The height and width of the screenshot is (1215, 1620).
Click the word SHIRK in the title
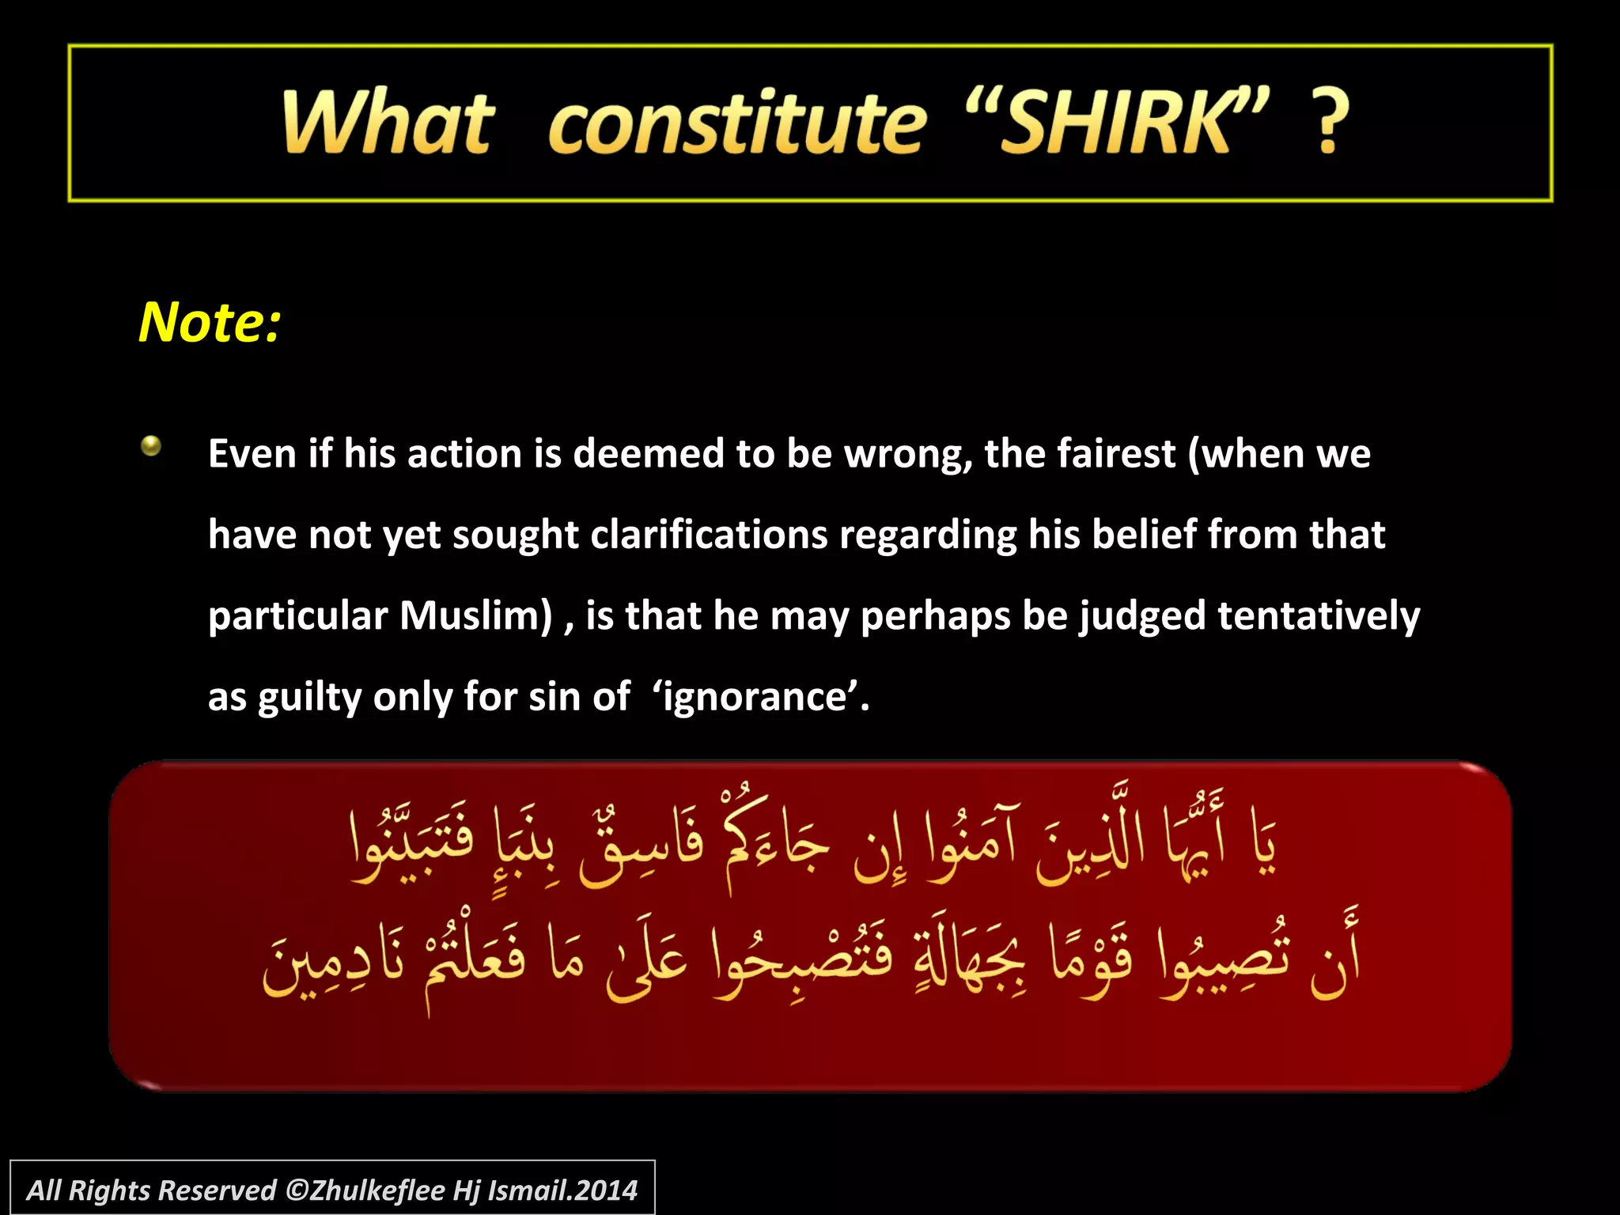(x=1115, y=123)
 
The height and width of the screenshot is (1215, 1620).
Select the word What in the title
(x=388, y=123)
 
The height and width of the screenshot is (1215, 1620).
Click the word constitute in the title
(x=736, y=123)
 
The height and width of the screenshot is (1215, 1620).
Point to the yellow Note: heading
(x=210, y=323)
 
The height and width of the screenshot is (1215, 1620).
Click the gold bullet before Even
(x=151, y=446)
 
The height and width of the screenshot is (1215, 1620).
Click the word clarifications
(x=709, y=536)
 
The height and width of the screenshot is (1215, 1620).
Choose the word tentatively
(x=1319, y=616)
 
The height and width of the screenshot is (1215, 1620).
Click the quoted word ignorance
(x=755, y=698)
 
